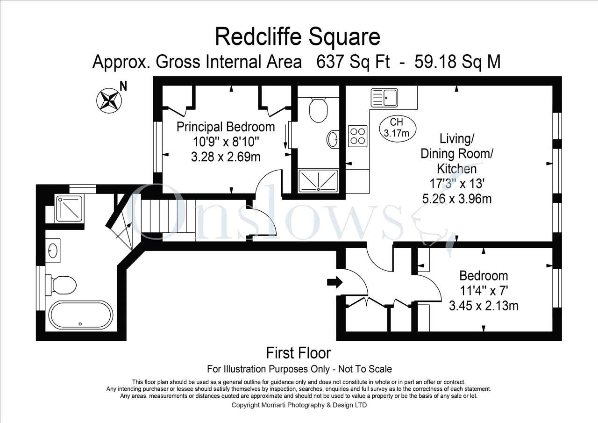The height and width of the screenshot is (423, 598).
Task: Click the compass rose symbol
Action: [x=109, y=100]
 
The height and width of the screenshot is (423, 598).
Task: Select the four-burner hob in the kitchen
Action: [x=357, y=136]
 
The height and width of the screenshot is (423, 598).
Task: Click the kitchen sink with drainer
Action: [x=384, y=98]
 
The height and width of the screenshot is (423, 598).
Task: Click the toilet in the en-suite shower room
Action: [x=318, y=110]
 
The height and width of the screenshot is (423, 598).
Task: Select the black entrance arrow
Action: [x=335, y=282]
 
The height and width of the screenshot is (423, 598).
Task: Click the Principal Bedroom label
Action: [x=226, y=127]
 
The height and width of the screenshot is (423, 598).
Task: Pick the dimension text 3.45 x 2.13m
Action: [x=484, y=306]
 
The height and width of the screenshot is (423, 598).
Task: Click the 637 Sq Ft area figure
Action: [x=353, y=62]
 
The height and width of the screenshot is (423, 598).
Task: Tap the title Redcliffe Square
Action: [x=298, y=37]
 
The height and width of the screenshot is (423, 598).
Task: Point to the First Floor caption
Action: [x=298, y=353]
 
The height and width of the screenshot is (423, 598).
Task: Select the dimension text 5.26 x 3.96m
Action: [x=457, y=199]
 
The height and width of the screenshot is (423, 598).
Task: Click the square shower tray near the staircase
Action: [x=69, y=208]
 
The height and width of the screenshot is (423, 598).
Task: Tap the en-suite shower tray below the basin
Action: [x=318, y=180]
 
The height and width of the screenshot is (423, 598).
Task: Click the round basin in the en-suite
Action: [x=333, y=139]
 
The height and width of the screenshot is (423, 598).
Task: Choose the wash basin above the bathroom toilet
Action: [x=53, y=251]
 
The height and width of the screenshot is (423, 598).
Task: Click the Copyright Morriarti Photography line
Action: [x=299, y=405]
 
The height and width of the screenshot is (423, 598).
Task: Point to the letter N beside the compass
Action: [x=123, y=86]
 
